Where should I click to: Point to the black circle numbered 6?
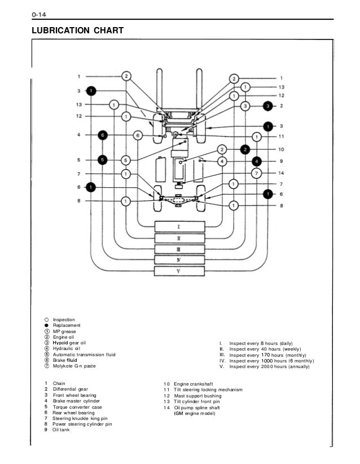[102, 135]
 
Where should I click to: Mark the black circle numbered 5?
[102, 160]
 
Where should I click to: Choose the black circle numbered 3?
[269, 106]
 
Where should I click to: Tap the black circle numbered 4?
[257, 160]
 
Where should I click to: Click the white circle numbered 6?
[137, 135]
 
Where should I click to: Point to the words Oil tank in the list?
[63, 430]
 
